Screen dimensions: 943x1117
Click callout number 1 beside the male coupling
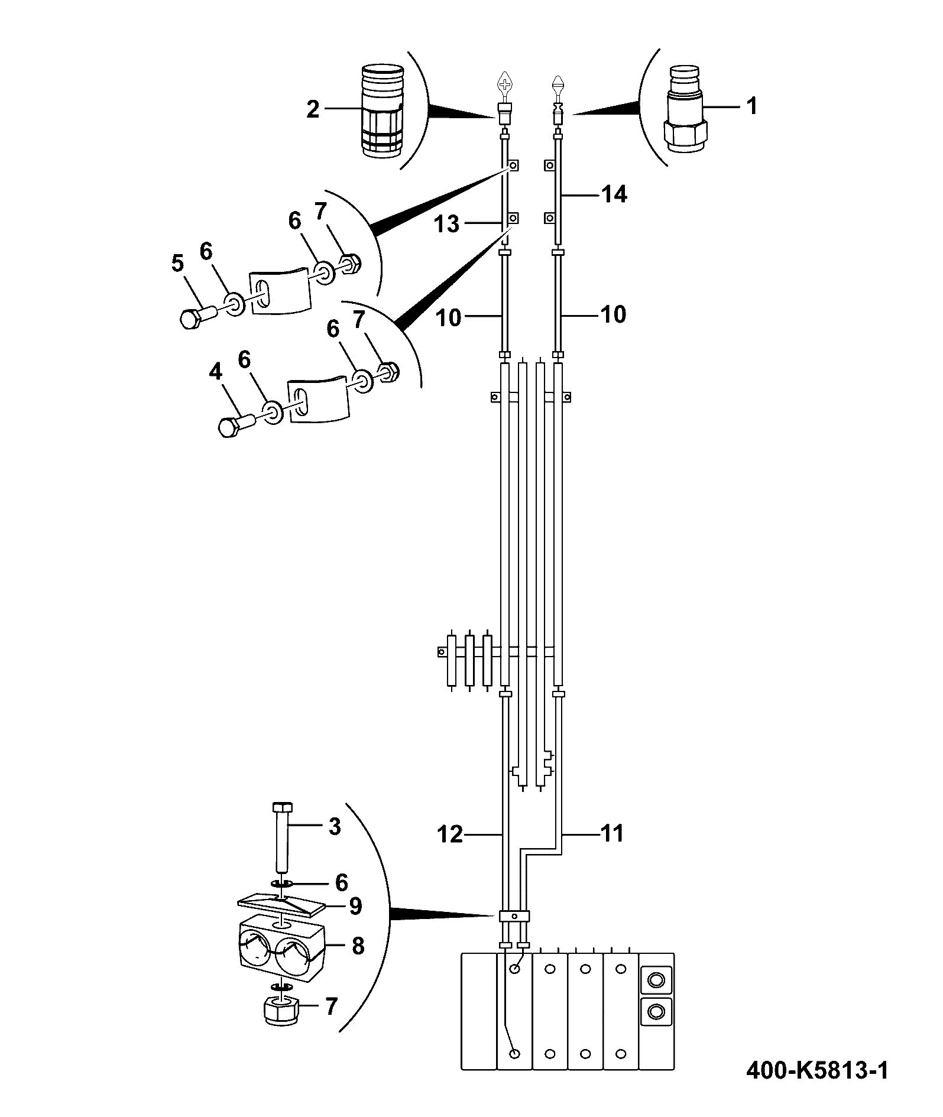coord(751,106)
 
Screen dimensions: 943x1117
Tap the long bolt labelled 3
coord(280,839)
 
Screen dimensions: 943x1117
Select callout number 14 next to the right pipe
coord(614,194)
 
